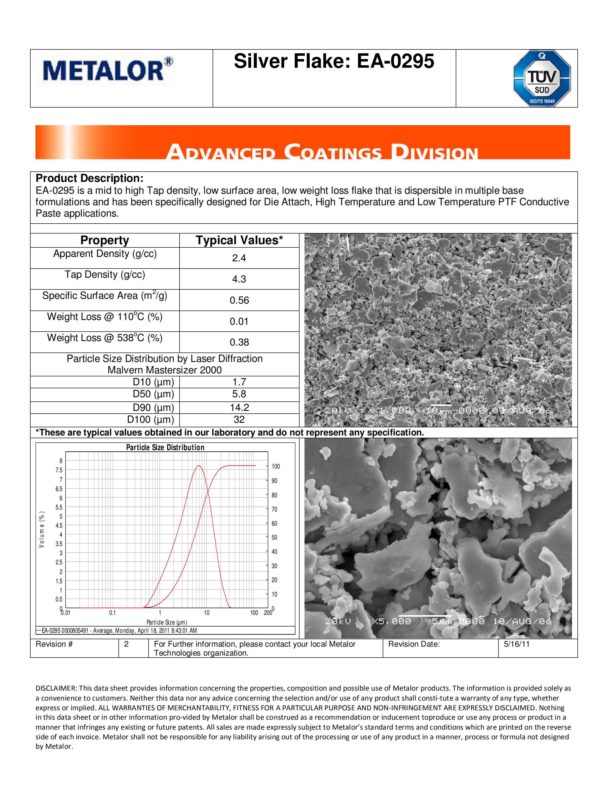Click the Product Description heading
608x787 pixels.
pos(90,178)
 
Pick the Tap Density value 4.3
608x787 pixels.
pos(239,279)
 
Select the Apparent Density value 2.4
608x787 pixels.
pos(239,258)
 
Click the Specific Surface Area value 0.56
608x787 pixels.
pos(239,300)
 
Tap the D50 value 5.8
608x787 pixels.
pos(239,394)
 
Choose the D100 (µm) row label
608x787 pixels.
pos(151,419)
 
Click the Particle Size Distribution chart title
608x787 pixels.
pos(165,447)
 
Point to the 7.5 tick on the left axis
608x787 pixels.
pos(59,470)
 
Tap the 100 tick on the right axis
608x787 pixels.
pos(275,466)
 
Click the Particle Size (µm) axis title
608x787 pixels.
pos(166,622)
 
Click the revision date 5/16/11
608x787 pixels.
pos(517,644)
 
